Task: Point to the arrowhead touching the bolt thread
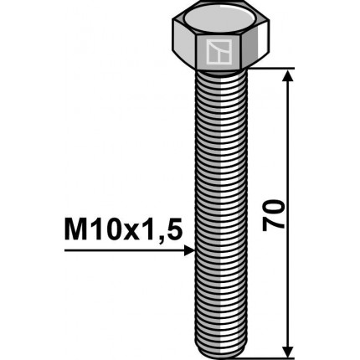(190, 249)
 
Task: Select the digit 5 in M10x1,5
(174, 228)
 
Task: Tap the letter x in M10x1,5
(128, 229)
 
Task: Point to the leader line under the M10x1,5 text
(126, 249)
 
